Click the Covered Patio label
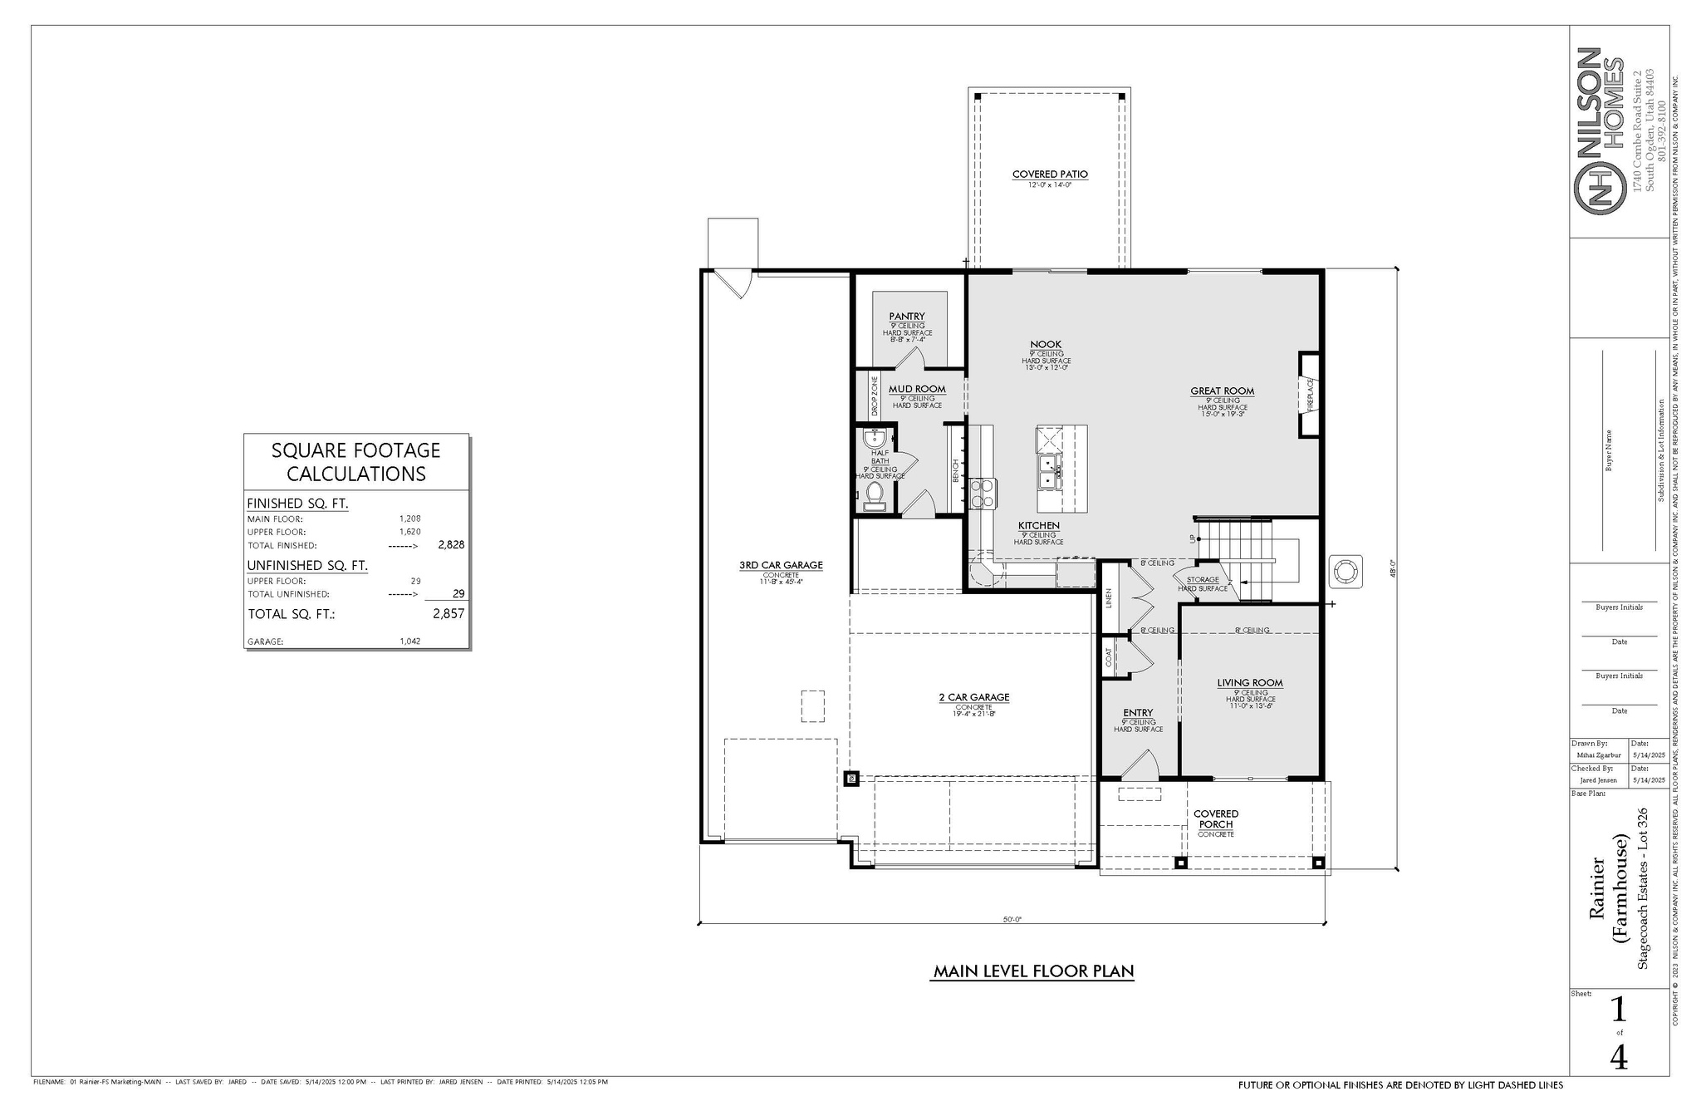(x=1050, y=174)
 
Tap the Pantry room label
(x=906, y=317)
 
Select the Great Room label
(x=1222, y=391)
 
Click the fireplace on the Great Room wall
(x=1310, y=395)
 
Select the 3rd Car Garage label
(x=781, y=565)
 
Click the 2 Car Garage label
(x=974, y=697)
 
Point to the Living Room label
(x=1250, y=683)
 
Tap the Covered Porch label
(x=1216, y=818)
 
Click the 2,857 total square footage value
(x=448, y=614)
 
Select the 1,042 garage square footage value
(x=409, y=641)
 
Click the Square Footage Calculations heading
(x=356, y=462)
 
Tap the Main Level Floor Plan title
(x=1033, y=971)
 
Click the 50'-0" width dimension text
(x=1011, y=919)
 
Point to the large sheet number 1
(x=1618, y=1010)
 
